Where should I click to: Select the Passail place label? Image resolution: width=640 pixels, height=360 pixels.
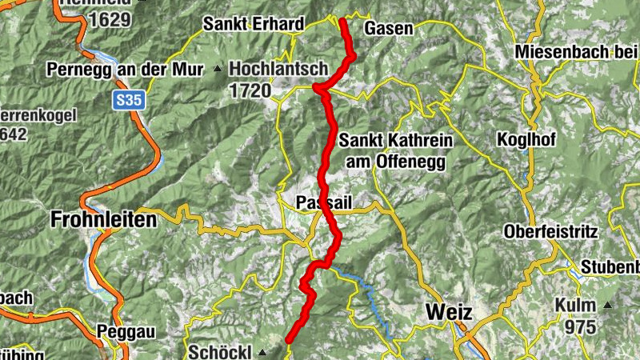tap(324, 201)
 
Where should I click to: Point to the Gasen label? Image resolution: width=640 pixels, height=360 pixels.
tap(389, 29)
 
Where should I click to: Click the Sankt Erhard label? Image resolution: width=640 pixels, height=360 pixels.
tap(253, 24)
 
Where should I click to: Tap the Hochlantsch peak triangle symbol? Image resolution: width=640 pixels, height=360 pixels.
tap(218, 69)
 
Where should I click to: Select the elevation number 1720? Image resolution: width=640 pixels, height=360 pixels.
tap(250, 90)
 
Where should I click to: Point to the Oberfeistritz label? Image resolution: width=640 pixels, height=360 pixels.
tap(551, 232)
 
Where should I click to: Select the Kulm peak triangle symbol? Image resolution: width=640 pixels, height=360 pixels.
tap(608, 306)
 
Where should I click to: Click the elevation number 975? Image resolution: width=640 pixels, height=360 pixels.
tap(579, 327)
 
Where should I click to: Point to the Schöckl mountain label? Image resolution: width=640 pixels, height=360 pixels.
tap(220, 351)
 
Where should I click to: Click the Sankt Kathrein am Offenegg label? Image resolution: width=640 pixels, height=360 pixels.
tap(396, 150)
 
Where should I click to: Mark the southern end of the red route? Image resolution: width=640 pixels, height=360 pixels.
tap(290, 340)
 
